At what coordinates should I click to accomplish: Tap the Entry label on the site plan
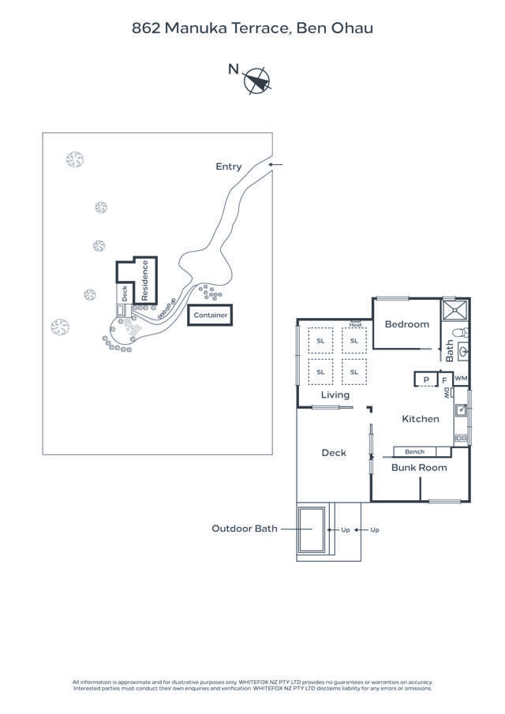click(229, 166)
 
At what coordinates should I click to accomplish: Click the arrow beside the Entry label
click(275, 164)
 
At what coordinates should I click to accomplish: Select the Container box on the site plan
click(210, 316)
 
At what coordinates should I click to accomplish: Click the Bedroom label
click(407, 324)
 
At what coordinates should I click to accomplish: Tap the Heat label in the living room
click(356, 323)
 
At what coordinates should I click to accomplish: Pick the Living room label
click(335, 394)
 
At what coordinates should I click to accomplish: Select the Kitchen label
click(421, 419)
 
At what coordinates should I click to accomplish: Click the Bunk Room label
click(420, 468)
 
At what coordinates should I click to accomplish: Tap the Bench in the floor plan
click(414, 452)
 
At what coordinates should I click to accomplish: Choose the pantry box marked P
click(426, 379)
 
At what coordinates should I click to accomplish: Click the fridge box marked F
click(444, 379)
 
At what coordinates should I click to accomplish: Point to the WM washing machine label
click(461, 379)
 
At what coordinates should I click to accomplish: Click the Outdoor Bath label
click(245, 529)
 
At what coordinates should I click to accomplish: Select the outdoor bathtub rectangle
click(312, 530)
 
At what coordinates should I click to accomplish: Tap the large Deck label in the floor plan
click(334, 453)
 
